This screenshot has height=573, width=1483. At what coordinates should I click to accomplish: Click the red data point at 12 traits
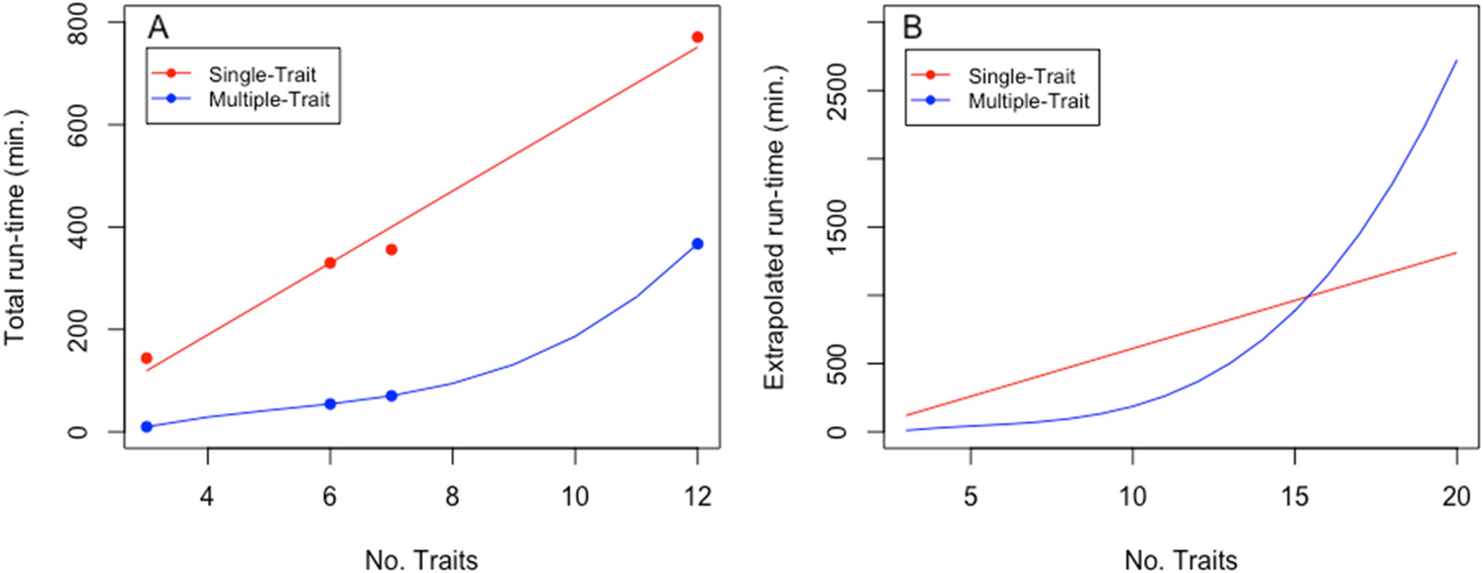click(x=697, y=37)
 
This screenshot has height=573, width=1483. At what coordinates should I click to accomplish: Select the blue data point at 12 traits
click(x=697, y=243)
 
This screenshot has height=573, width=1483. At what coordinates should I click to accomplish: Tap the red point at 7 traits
click(x=391, y=249)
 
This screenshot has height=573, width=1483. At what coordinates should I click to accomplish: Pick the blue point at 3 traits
click(x=147, y=426)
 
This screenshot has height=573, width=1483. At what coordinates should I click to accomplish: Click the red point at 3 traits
click(x=147, y=358)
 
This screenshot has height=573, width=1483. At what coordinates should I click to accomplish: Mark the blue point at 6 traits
click(x=330, y=403)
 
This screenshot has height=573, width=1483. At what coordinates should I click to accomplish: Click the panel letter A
click(x=159, y=29)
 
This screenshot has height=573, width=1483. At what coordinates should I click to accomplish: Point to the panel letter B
click(x=913, y=29)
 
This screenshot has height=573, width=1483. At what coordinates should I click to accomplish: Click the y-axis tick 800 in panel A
click(x=100, y=22)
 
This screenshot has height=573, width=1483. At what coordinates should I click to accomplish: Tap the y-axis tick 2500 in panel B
click(x=848, y=91)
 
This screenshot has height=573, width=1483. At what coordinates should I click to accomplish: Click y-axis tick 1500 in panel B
click(x=848, y=227)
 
